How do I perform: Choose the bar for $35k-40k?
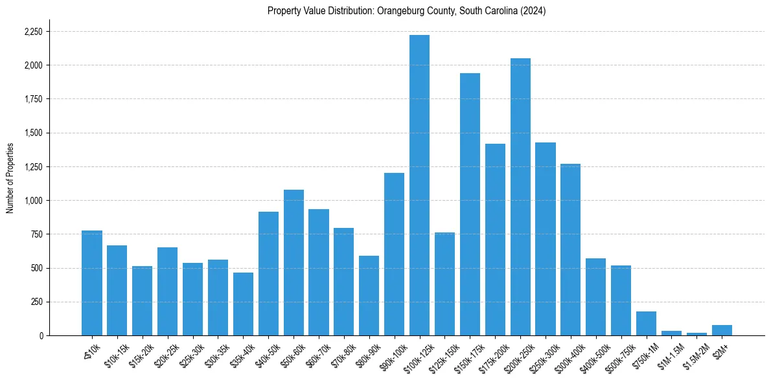(243, 304)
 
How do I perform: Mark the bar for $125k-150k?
(444, 284)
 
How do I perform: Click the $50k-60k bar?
(293, 263)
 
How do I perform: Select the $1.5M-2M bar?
(696, 334)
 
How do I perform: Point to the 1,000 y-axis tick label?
(33, 201)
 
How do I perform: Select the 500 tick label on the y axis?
(37, 268)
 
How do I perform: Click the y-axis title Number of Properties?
(10, 178)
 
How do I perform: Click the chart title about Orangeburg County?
(407, 11)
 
